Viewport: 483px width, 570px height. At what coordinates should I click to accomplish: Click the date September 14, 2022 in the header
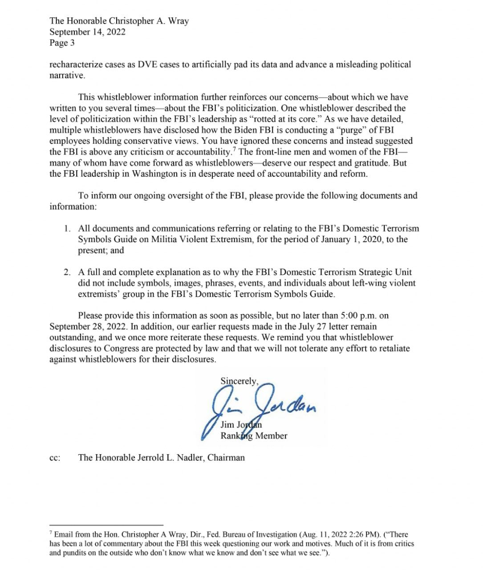87,32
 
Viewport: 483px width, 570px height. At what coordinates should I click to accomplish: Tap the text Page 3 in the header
62,43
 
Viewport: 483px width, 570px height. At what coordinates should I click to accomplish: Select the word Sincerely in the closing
239,381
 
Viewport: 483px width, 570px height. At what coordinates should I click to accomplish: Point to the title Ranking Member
254,436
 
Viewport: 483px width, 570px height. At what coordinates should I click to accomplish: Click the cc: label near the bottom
55,458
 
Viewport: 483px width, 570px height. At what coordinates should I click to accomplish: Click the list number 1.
67,229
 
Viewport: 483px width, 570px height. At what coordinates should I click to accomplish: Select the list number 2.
67,272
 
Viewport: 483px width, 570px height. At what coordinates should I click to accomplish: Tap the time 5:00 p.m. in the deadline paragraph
359,316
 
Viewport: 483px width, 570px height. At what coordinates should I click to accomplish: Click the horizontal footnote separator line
106,525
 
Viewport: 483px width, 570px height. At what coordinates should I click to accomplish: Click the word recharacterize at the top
77,65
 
